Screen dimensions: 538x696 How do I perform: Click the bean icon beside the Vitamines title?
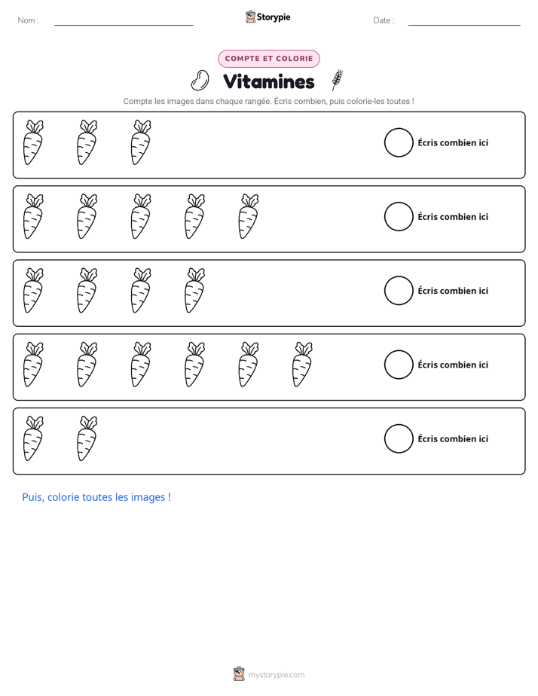click(200, 81)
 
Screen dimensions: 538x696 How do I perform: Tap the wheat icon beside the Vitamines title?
click(338, 80)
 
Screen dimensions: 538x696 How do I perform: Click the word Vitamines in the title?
click(268, 81)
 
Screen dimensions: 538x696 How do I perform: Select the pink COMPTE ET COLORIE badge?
click(268, 59)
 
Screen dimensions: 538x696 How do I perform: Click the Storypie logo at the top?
click(267, 17)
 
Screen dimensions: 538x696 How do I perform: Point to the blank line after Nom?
click(124, 25)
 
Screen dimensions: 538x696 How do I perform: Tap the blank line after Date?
click(464, 25)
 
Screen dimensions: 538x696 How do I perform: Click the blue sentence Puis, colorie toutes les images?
click(96, 497)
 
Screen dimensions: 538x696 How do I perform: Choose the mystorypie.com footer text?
click(276, 675)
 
